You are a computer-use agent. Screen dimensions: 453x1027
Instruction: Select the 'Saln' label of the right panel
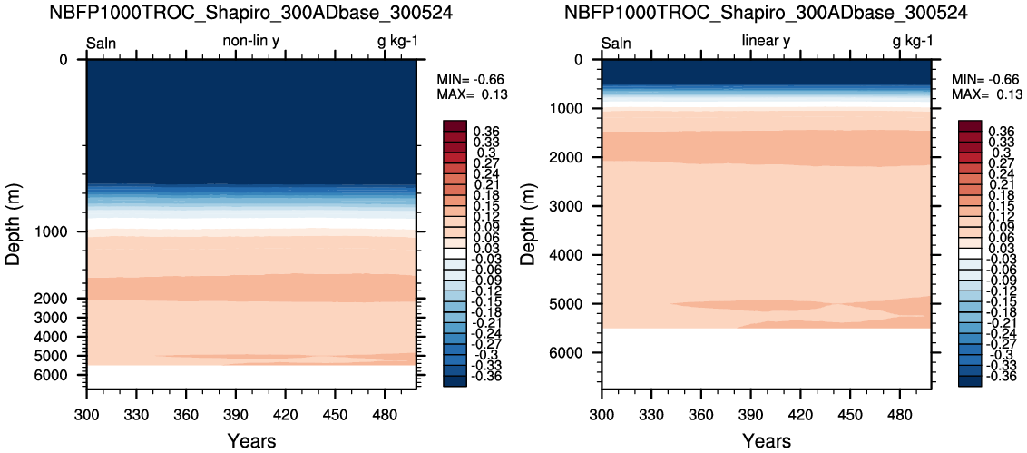(616, 42)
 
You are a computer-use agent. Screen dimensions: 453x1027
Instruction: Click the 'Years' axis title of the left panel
(251, 441)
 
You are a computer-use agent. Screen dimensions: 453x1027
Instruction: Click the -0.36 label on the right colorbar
(1000, 375)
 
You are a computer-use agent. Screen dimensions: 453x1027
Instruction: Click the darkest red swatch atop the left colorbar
(455, 125)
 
